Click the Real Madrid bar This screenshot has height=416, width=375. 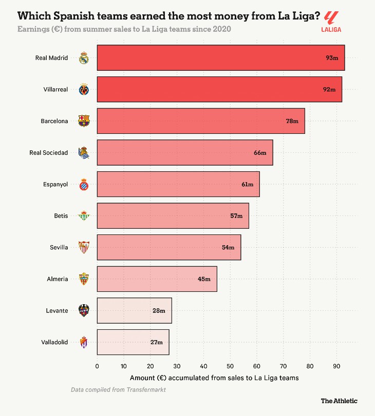tap(220, 58)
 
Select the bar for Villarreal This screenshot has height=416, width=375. tap(219, 89)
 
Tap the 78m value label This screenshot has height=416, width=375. tap(292, 121)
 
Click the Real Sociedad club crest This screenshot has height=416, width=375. tap(84, 152)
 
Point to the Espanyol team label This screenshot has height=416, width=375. tap(55, 184)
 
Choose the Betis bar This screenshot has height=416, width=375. tap(173, 216)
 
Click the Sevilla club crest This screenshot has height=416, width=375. tap(84, 247)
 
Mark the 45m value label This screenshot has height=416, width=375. tap(204, 279)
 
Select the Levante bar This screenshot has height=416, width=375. tap(134, 310)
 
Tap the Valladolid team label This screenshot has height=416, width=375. tap(54, 342)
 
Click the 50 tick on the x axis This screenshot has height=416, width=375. tap(230, 366)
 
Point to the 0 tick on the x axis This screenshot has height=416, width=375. tap(97, 366)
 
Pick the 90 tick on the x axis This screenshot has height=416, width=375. tap(336, 366)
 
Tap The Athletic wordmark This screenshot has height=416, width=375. tap(339, 401)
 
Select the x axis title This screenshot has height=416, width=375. tap(214, 378)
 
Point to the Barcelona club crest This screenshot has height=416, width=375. tap(84, 121)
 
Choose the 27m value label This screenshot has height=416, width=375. tap(156, 342)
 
